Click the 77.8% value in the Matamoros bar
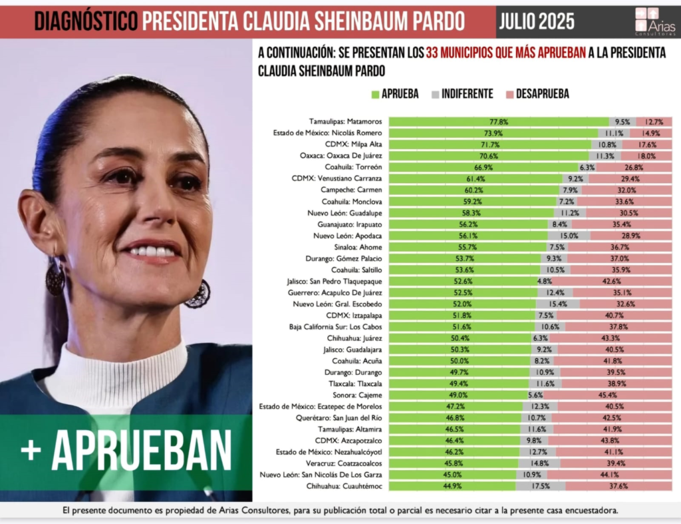pyautogui.click(x=499, y=122)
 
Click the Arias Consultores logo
pyautogui.click(x=654, y=21)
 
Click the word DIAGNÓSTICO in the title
pyautogui.click(x=86, y=21)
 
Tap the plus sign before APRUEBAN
pyautogui.click(x=31, y=450)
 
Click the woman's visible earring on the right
pyautogui.click(x=198, y=294)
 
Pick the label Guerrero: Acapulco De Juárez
pyautogui.click(x=341, y=292)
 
